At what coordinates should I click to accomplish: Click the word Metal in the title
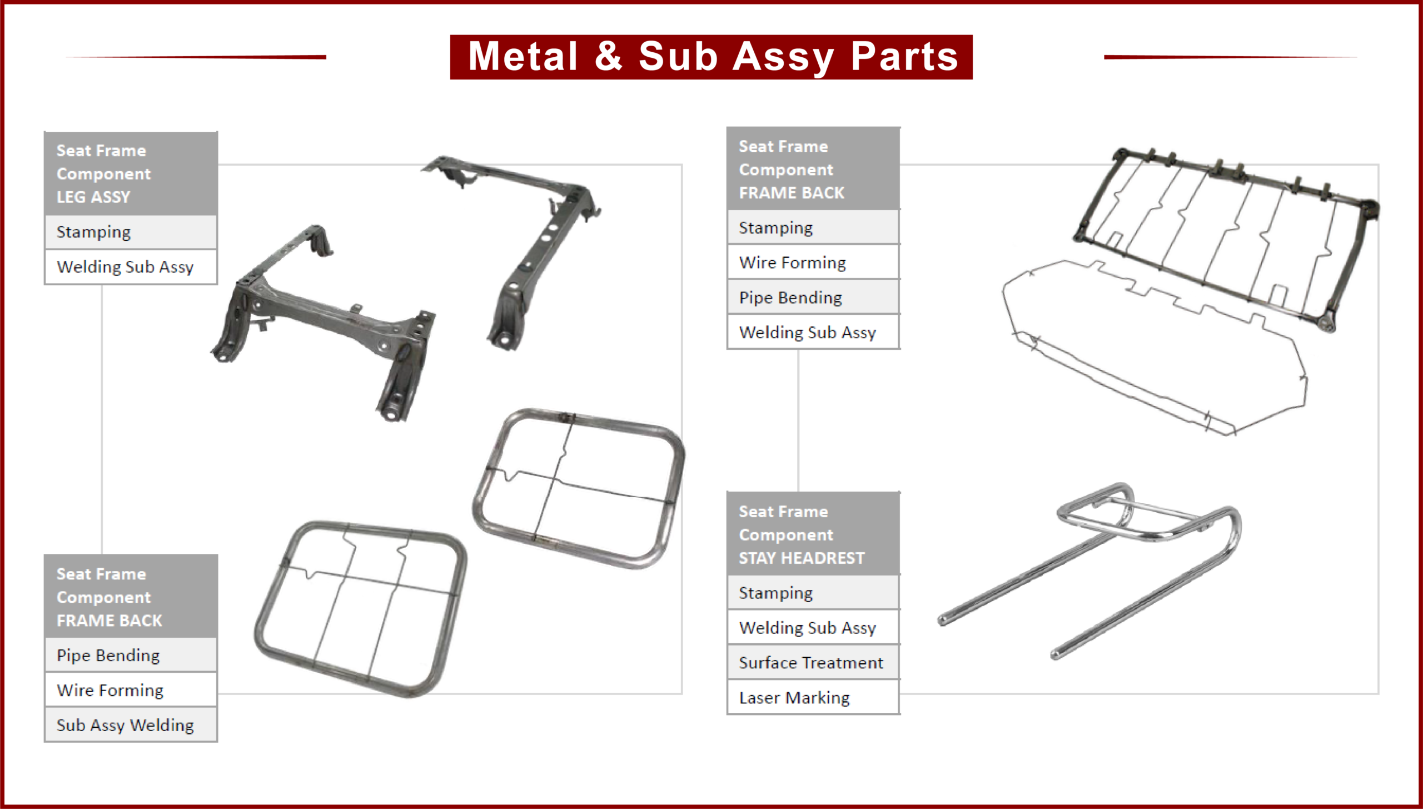(523, 57)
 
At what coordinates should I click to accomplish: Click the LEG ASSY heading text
(93, 197)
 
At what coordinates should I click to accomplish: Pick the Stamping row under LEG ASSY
(93, 232)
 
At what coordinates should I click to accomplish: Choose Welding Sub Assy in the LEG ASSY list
(125, 267)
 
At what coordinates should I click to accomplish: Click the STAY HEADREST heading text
(801, 558)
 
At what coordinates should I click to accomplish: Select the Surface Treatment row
(810, 663)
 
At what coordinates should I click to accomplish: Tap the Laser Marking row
(794, 698)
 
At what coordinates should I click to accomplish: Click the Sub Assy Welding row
(125, 725)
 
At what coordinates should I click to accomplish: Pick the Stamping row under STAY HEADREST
(775, 593)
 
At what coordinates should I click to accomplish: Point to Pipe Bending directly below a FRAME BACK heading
(108, 656)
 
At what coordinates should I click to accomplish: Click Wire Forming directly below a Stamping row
(792, 262)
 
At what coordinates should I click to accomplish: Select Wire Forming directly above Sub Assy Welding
(110, 691)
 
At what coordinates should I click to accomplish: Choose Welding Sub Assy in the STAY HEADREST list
(807, 628)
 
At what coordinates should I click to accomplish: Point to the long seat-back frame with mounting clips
(1223, 234)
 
